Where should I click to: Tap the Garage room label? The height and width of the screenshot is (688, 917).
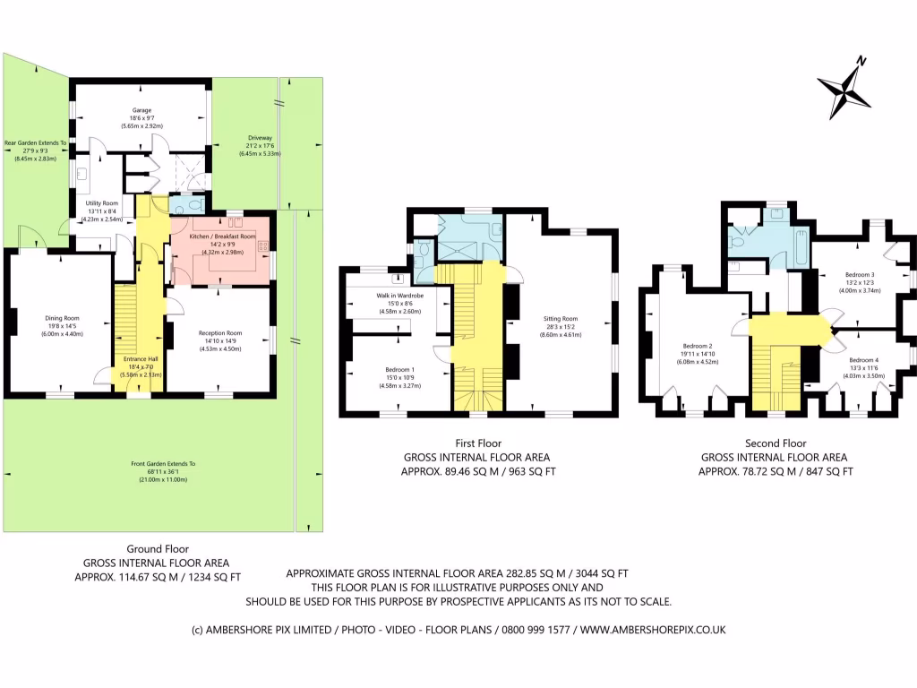141,110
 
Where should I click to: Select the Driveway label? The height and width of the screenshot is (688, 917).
260,138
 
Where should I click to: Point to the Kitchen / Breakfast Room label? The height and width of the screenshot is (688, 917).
222,236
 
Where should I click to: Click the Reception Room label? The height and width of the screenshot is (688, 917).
219,332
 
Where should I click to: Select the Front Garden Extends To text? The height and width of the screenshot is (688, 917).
163,463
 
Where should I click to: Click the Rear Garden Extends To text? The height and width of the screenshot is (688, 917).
35,142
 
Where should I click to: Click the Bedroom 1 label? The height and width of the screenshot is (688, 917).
400,370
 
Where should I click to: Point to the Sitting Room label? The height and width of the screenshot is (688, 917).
561,319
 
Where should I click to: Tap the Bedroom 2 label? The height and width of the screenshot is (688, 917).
698,346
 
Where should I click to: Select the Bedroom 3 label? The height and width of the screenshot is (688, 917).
860,275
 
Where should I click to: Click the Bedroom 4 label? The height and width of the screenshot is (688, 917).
864,360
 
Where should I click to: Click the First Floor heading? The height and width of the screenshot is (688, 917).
478,443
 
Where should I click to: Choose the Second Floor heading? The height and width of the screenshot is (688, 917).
776,443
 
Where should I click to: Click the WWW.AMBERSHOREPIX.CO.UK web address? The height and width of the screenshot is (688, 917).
653,630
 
